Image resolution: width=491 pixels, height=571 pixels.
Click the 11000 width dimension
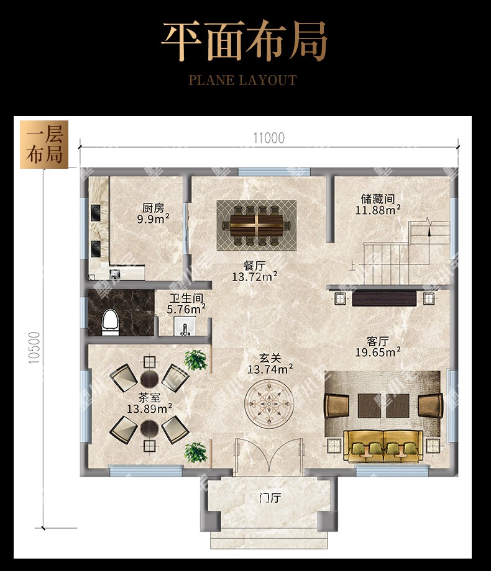point(269,138)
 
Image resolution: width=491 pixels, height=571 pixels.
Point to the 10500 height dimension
point(34,348)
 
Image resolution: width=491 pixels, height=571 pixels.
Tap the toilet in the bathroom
point(110,322)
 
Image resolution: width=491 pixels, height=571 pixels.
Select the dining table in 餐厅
point(257,226)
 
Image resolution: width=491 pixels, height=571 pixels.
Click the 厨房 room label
point(154,208)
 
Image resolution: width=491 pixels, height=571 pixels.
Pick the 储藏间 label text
point(377,199)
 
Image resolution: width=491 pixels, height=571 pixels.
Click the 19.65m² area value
point(378,352)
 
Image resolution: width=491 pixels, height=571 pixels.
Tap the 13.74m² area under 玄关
point(270,369)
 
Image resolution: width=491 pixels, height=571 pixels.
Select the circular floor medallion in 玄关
point(269,403)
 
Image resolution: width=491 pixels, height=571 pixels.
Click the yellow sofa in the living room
point(383,446)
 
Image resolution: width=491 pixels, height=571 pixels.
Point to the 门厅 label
point(270,497)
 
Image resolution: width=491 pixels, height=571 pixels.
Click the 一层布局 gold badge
point(44,145)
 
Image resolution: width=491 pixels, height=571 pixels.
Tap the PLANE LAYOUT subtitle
point(242,80)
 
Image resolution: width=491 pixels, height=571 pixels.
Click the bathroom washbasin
point(185,326)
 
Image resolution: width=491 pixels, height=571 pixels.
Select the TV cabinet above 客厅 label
point(384,299)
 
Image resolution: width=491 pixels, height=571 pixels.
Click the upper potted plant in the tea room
point(196,360)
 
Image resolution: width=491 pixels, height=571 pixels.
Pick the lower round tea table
point(150,429)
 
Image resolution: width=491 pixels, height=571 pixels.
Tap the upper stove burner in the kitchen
point(96,212)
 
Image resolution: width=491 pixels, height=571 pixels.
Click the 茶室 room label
point(150,397)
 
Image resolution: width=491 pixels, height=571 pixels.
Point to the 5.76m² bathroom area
point(186,310)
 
